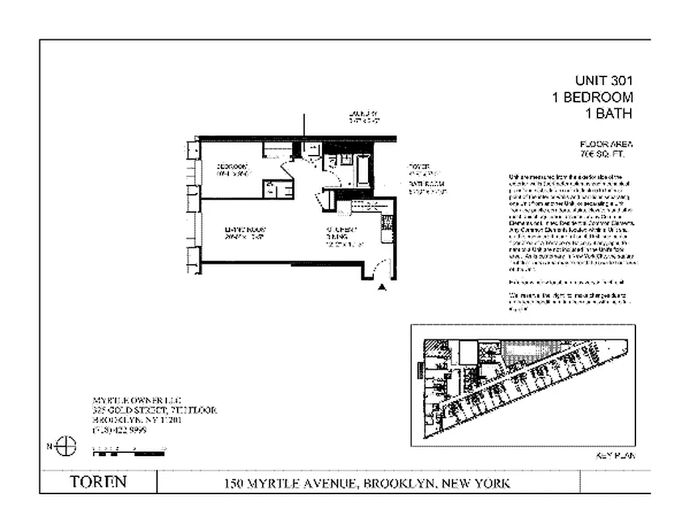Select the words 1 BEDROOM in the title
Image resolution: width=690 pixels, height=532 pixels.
(592, 97)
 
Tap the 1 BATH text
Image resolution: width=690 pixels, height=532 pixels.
(608, 113)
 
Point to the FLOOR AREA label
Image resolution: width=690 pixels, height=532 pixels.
(606, 144)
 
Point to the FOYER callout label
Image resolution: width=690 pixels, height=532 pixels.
(419, 166)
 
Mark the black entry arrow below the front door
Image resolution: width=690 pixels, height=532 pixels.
(382, 287)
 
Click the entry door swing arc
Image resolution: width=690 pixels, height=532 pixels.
(377, 269)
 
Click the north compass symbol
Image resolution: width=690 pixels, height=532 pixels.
(66, 446)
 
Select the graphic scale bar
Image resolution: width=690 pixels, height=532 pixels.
(128, 454)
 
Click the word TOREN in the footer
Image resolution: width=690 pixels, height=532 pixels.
(98, 481)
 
